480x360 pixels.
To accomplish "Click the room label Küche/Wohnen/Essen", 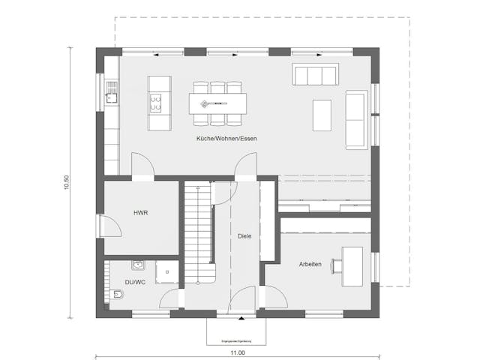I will coord(226,140).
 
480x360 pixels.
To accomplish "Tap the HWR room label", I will coord(140,213).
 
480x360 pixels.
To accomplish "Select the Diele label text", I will coord(244,236).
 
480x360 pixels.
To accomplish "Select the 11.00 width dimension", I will coord(238,352).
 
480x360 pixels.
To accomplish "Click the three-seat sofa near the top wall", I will coord(315,76).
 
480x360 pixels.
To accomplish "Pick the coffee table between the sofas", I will coord(322,115).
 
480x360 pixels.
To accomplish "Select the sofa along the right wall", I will coord(356,118).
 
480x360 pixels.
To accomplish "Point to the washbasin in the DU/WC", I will coord(137,265).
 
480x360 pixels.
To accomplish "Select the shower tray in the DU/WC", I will coord(166,273).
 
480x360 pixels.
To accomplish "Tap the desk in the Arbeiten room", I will coord(352,266).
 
